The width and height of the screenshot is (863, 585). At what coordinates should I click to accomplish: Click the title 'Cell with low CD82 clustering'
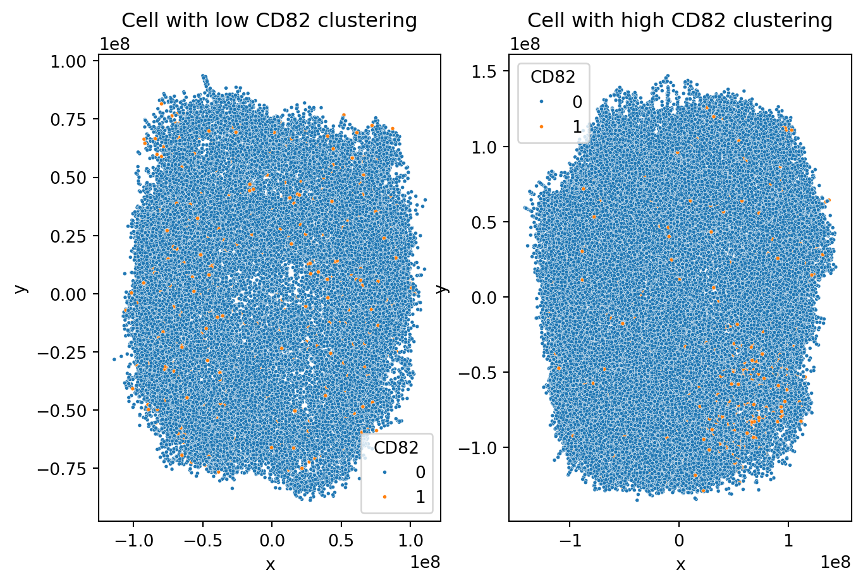(x=269, y=21)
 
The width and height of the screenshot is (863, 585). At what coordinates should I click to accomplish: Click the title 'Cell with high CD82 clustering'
(x=680, y=21)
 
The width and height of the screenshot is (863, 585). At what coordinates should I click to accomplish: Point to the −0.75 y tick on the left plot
(x=68, y=469)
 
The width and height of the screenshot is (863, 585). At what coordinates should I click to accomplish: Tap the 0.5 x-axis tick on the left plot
(x=341, y=541)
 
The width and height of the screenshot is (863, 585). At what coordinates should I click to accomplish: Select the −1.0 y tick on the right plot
(x=478, y=448)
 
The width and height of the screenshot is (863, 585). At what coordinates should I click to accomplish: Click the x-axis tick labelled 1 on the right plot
(x=788, y=541)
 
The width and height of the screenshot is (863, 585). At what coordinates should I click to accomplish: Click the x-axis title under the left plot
(x=270, y=564)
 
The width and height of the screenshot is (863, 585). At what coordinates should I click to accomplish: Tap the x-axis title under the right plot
(x=680, y=564)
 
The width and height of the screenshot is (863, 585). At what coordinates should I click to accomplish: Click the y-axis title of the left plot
(x=21, y=288)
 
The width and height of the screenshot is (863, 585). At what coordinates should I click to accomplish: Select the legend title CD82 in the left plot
(x=396, y=448)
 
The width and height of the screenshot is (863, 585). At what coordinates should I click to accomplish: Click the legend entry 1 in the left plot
(x=420, y=497)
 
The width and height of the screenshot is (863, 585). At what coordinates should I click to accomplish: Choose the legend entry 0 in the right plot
(x=577, y=102)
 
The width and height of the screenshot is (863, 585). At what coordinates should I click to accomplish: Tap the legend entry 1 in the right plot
(x=577, y=126)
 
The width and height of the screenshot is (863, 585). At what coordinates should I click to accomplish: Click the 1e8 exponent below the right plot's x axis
(x=835, y=562)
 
